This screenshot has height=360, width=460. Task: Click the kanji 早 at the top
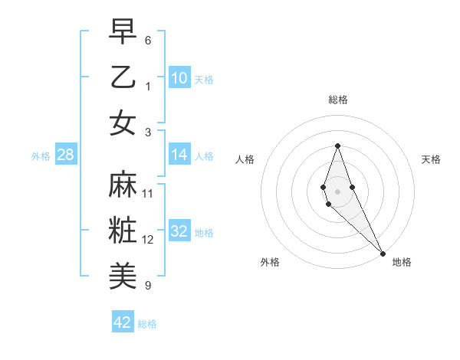click(123, 32)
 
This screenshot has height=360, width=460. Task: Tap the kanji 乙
click(123, 77)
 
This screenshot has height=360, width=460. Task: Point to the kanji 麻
click(123, 184)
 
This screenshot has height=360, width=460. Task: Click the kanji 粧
click(123, 230)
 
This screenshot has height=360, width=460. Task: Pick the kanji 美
click(123, 274)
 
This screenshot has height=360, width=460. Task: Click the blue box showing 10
click(179, 77)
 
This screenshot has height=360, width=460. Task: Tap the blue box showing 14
click(179, 155)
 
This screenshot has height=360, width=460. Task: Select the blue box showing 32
click(179, 231)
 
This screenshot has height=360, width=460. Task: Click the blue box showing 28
click(65, 155)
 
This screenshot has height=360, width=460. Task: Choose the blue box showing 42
click(123, 322)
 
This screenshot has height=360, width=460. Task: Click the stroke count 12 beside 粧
click(148, 240)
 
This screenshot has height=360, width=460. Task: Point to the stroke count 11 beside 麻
click(148, 194)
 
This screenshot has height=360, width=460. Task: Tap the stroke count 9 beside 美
click(148, 286)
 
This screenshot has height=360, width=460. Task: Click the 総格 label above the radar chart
click(337, 100)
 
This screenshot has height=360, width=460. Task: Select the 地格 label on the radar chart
click(402, 262)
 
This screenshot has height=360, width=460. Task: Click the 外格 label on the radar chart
click(270, 262)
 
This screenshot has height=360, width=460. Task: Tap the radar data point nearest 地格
click(383, 253)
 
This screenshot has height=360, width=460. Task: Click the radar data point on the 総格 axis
click(337, 146)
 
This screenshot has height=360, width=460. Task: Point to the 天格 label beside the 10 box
click(204, 79)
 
